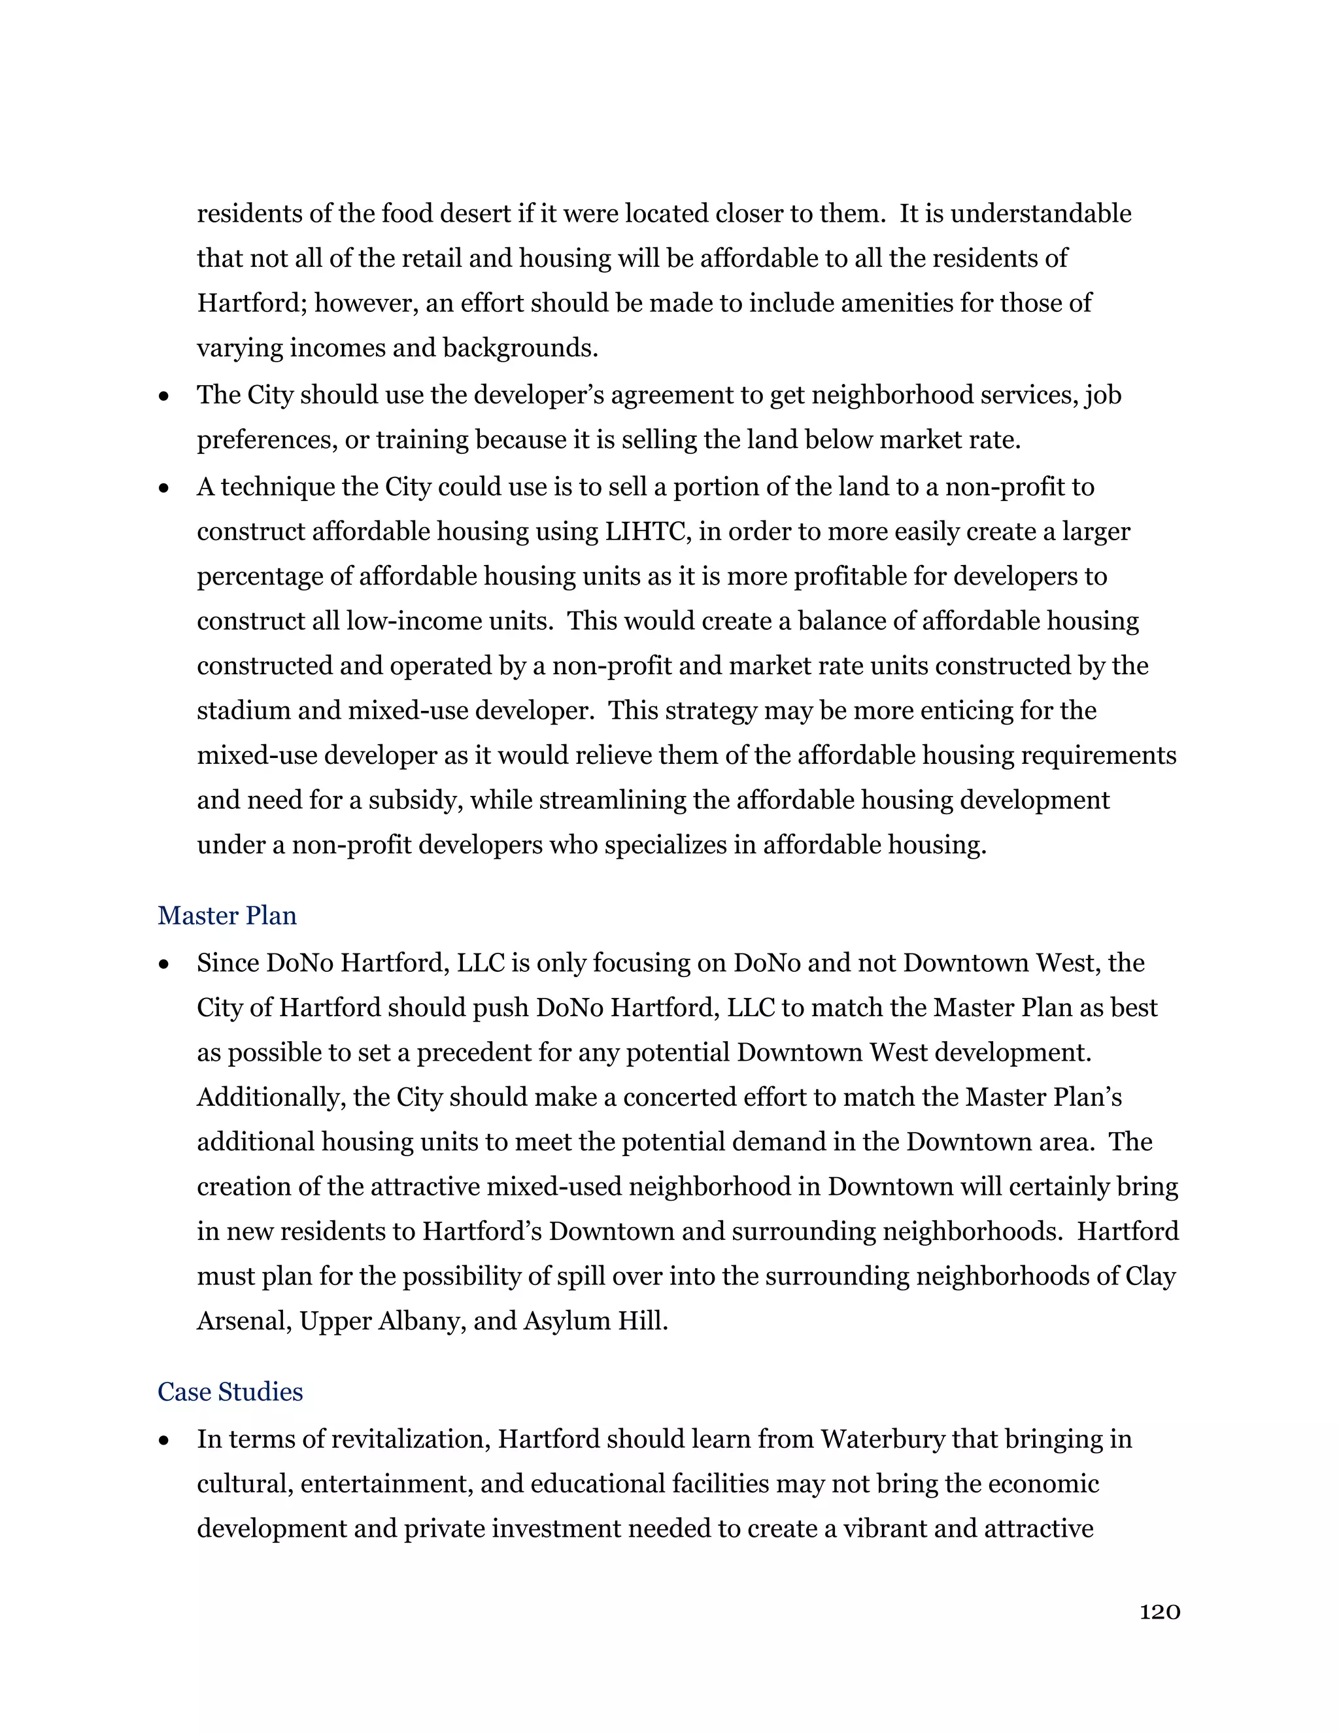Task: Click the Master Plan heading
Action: coord(227,915)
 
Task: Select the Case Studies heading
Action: coord(230,1391)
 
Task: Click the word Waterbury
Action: coord(882,1439)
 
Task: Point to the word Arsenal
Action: coord(243,1320)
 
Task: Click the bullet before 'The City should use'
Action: coord(164,395)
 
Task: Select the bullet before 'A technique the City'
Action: coord(164,487)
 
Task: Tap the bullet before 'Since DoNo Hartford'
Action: coord(164,963)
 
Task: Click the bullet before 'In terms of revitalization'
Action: coord(164,1439)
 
